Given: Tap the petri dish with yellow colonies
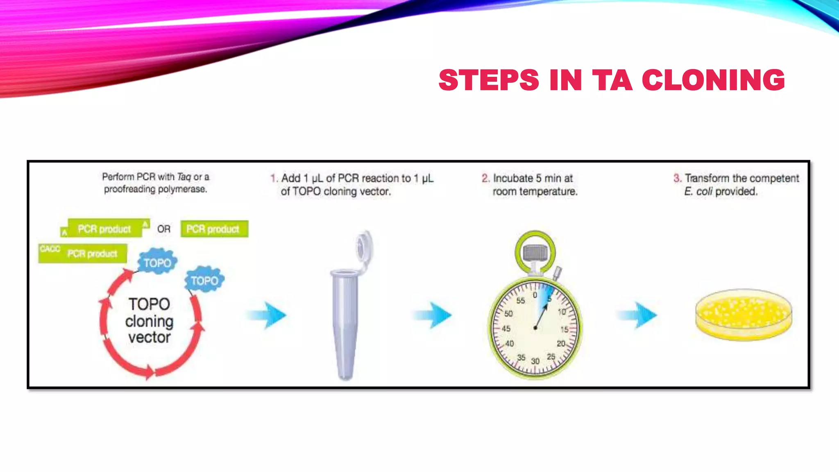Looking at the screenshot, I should point(744,314).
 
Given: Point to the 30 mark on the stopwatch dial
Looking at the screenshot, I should point(535,361).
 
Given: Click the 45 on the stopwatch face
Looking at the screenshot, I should point(506,329).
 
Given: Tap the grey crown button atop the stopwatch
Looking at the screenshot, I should point(535,252).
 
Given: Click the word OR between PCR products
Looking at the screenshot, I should point(163,229).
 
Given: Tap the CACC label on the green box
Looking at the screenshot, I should point(50,249).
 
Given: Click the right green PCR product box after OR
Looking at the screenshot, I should point(214,229).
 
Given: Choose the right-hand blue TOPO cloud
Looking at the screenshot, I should point(204,281).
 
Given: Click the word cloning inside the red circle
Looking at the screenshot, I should point(149,321).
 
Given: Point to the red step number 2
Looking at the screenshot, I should point(485,178).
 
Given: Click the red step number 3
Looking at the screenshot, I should point(677,178).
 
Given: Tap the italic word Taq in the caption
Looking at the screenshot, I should point(184,177).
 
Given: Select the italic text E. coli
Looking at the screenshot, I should point(698,191).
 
